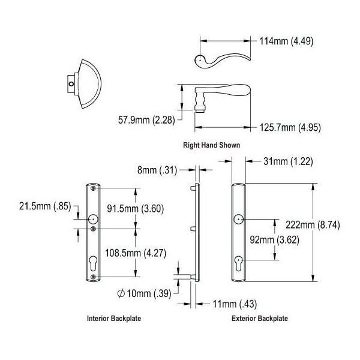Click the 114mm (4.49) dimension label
286,41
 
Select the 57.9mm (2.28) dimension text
146,120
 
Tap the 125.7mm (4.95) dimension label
290,127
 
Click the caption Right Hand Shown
211,145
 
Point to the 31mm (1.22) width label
288,161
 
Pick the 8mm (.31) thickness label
157,170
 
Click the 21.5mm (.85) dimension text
45,206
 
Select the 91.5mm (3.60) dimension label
136,209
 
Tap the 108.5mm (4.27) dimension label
136,253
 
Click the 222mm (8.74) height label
313,225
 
